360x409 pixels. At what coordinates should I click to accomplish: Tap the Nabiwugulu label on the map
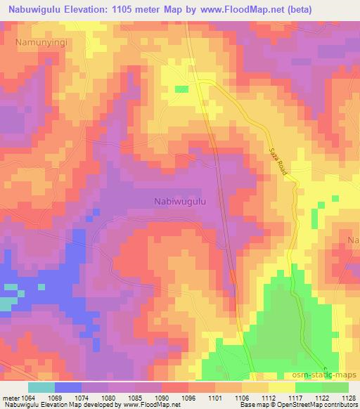coord(180,201)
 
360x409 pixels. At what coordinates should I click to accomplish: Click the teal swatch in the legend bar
coord(41,387)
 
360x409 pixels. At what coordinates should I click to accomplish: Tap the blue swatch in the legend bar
coord(68,387)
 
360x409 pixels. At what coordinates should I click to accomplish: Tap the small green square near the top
coord(181,89)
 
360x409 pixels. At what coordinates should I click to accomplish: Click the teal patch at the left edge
coord(6,303)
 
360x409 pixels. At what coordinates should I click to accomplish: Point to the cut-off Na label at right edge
coord(353,240)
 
